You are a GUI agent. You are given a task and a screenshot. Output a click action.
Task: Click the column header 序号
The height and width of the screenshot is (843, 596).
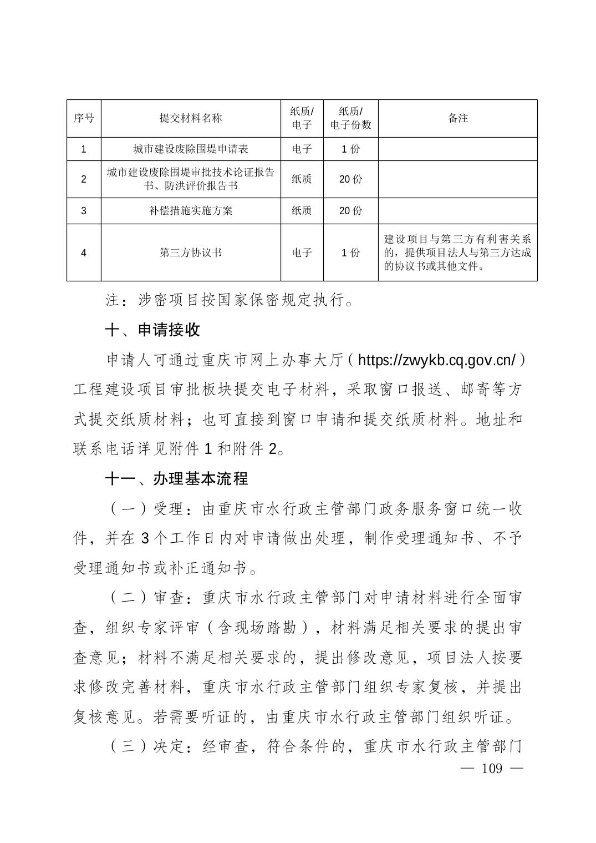[x=84, y=118]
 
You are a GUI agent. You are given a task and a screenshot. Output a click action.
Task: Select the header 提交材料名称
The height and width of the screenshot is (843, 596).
[x=191, y=118]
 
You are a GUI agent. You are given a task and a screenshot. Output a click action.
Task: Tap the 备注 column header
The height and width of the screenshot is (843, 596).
[x=458, y=118]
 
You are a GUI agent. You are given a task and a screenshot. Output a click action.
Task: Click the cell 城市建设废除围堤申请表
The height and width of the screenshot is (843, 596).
[x=191, y=149]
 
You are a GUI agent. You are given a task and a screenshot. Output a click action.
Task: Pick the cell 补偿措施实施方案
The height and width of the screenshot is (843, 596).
[x=191, y=210]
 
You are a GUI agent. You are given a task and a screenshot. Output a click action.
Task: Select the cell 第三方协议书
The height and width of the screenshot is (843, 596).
[x=191, y=253]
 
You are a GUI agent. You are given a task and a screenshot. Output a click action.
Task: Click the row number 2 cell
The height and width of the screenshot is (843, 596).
[x=84, y=179]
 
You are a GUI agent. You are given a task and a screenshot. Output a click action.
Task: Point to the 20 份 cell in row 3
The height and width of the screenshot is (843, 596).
[x=350, y=210]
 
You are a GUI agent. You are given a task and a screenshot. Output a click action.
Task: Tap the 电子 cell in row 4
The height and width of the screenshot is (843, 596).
[x=302, y=253]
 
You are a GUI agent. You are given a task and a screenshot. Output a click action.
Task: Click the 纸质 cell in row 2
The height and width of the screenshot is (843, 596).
[x=302, y=179]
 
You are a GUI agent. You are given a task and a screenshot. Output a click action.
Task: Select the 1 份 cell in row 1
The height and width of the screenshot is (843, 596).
[x=350, y=149]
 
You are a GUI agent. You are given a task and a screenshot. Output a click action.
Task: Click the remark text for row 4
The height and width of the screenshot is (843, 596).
[x=458, y=253]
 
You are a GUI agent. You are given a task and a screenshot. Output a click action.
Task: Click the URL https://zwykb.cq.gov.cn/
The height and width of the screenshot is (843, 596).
[x=437, y=360]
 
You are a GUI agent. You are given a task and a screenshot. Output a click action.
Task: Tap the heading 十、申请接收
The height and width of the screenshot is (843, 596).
[x=152, y=330]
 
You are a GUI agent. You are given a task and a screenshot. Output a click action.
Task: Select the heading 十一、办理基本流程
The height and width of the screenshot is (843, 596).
[x=176, y=478]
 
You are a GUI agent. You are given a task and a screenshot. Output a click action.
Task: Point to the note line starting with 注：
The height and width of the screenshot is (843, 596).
[x=230, y=300]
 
